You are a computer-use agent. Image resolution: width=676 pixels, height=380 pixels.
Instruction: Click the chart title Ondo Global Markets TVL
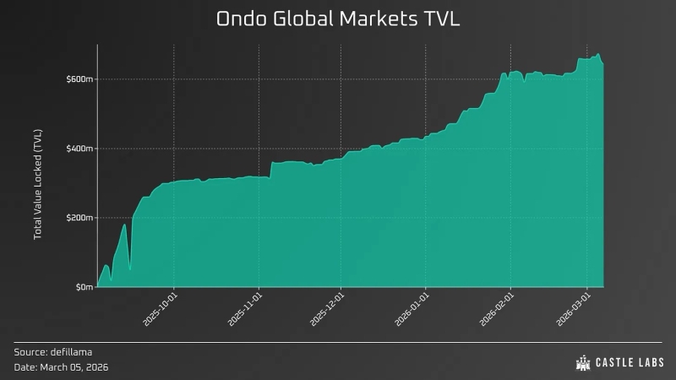click(x=338, y=19)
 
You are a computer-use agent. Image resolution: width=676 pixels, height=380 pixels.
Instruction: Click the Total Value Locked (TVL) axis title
click(x=38, y=183)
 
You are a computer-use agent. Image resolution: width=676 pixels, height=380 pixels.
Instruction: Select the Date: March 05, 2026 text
click(x=61, y=367)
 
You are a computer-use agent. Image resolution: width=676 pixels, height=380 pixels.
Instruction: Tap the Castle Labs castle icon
click(x=583, y=363)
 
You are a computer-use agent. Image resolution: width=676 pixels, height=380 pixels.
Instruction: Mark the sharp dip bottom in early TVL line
click(x=129, y=270)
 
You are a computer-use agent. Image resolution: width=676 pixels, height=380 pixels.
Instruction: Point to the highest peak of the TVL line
click(x=598, y=55)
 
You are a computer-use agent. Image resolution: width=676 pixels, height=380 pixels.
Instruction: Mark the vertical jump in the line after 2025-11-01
click(x=270, y=169)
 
